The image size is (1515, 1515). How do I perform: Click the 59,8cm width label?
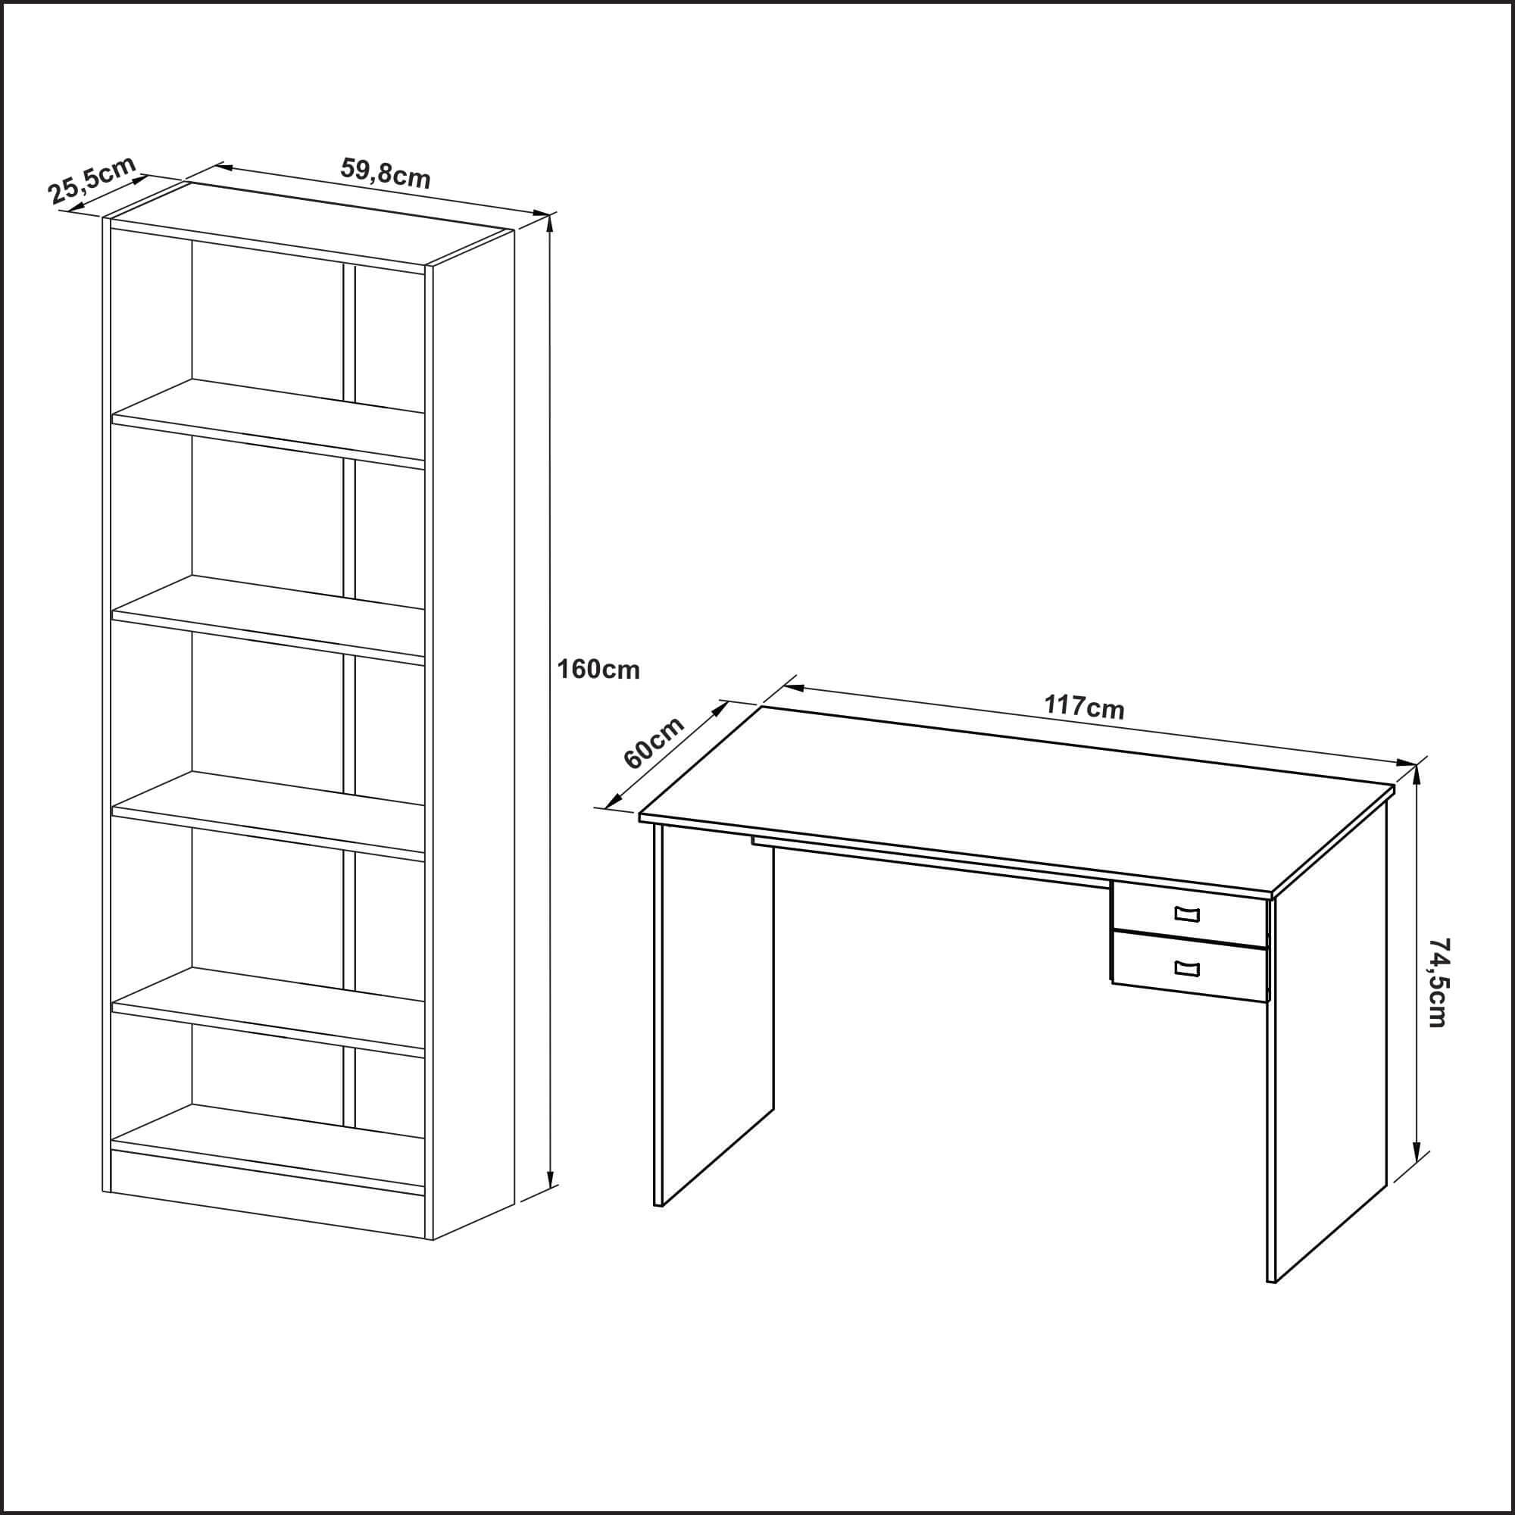[x=385, y=173]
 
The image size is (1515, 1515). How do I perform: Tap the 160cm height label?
[x=598, y=669]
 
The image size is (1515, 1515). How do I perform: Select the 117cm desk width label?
[x=1084, y=707]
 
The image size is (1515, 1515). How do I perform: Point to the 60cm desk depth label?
[x=652, y=742]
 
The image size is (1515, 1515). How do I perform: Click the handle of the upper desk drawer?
[x=1187, y=914]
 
